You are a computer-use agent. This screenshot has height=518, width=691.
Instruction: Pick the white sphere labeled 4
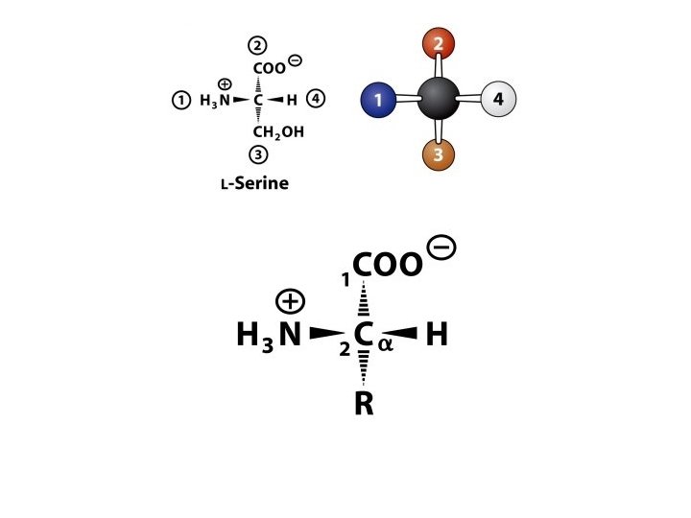(497, 100)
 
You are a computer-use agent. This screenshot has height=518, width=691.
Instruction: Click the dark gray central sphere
(439, 100)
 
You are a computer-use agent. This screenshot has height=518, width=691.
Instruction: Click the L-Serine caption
(254, 183)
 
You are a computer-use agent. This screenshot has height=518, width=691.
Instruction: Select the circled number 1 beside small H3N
(180, 100)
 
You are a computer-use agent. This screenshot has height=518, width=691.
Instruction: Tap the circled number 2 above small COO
(258, 45)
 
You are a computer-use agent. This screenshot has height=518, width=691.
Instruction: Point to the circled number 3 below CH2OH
(258, 154)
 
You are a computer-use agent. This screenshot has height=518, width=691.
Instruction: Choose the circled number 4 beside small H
(318, 100)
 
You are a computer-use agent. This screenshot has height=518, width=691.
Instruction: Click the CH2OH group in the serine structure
(278, 132)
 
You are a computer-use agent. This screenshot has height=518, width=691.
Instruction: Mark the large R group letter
(364, 404)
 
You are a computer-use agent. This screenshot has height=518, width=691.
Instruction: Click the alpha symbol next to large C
(386, 344)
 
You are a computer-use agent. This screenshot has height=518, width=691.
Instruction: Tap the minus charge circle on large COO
(442, 247)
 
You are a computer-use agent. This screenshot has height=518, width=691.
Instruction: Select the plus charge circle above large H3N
(290, 301)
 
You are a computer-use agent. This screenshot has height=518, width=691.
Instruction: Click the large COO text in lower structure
(387, 264)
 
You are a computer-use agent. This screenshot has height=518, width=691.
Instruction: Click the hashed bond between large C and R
(364, 368)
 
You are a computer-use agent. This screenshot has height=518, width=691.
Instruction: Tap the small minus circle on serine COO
(295, 60)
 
